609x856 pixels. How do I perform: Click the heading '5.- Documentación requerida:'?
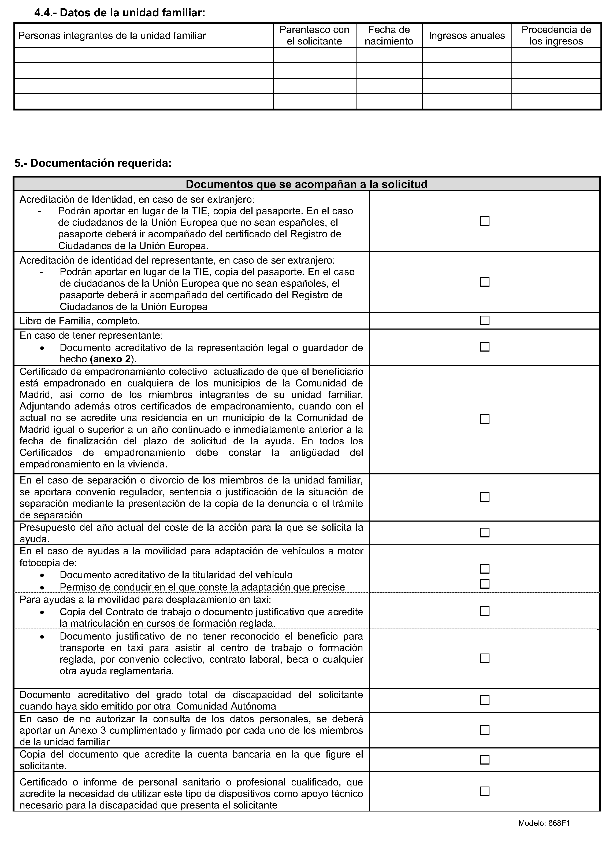pos(93,163)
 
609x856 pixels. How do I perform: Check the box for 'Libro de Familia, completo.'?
pos(485,320)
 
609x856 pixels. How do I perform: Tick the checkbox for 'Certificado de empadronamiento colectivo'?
pos(485,419)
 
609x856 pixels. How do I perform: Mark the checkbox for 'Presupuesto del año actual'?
pos(485,533)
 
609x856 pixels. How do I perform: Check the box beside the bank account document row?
pos(485,760)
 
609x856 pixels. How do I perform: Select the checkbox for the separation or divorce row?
pos(485,497)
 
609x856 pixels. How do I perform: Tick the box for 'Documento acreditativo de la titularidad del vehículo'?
pos(485,569)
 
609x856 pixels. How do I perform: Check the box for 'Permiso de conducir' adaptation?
pos(485,584)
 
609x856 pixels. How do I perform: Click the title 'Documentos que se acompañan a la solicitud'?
pos(306,184)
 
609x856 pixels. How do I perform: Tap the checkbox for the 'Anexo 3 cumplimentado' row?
pos(485,730)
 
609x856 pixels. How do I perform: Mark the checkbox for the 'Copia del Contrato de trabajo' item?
pos(485,611)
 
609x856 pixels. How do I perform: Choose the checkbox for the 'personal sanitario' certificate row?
pos(485,791)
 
